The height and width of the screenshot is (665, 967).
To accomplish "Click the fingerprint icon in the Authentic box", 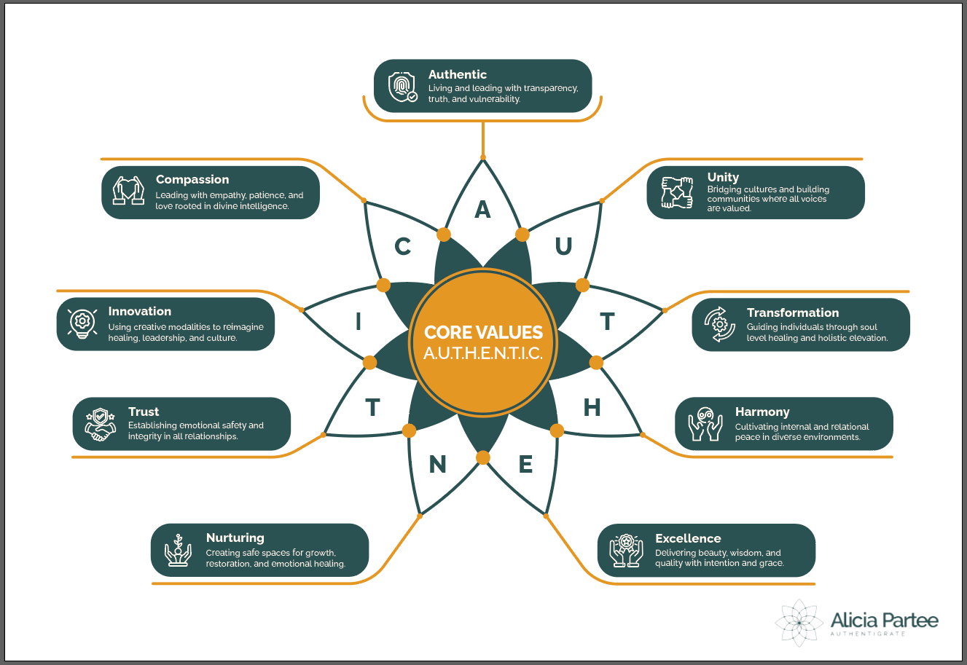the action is tap(402, 87).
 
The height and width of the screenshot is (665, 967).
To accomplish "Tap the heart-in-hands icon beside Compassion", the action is tap(129, 191).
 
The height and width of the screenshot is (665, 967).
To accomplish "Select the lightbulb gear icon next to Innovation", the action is tap(82, 323).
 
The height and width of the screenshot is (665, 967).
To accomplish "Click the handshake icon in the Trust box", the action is tap(101, 424).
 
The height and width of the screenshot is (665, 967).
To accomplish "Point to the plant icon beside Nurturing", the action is tap(177, 550).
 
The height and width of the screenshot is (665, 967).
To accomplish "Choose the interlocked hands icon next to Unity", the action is tap(677, 192).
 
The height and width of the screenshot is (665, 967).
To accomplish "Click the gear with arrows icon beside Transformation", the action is tap(719, 324).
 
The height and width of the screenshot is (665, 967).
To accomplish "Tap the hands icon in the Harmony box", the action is tap(705, 424).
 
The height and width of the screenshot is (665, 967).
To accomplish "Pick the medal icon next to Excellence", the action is tap(626, 551).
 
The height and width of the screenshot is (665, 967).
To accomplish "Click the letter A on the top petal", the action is tap(482, 210).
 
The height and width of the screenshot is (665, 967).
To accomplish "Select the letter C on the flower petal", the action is tap(402, 247).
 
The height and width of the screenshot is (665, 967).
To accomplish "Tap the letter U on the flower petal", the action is tap(563, 247).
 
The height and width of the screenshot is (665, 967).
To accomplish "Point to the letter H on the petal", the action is tap(592, 407).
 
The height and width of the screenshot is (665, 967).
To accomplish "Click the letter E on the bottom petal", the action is tap(525, 464).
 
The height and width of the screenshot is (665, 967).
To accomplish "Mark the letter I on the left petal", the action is tap(358, 321).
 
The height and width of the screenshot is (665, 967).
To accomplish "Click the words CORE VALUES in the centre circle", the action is tap(483, 333).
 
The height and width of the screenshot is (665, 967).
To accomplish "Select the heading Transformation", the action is tap(792, 312).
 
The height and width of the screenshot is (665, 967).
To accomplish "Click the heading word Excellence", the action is tap(688, 538).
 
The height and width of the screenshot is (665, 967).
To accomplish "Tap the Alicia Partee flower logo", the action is tap(799, 623).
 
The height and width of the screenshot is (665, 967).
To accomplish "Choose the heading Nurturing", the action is tap(235, 538).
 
